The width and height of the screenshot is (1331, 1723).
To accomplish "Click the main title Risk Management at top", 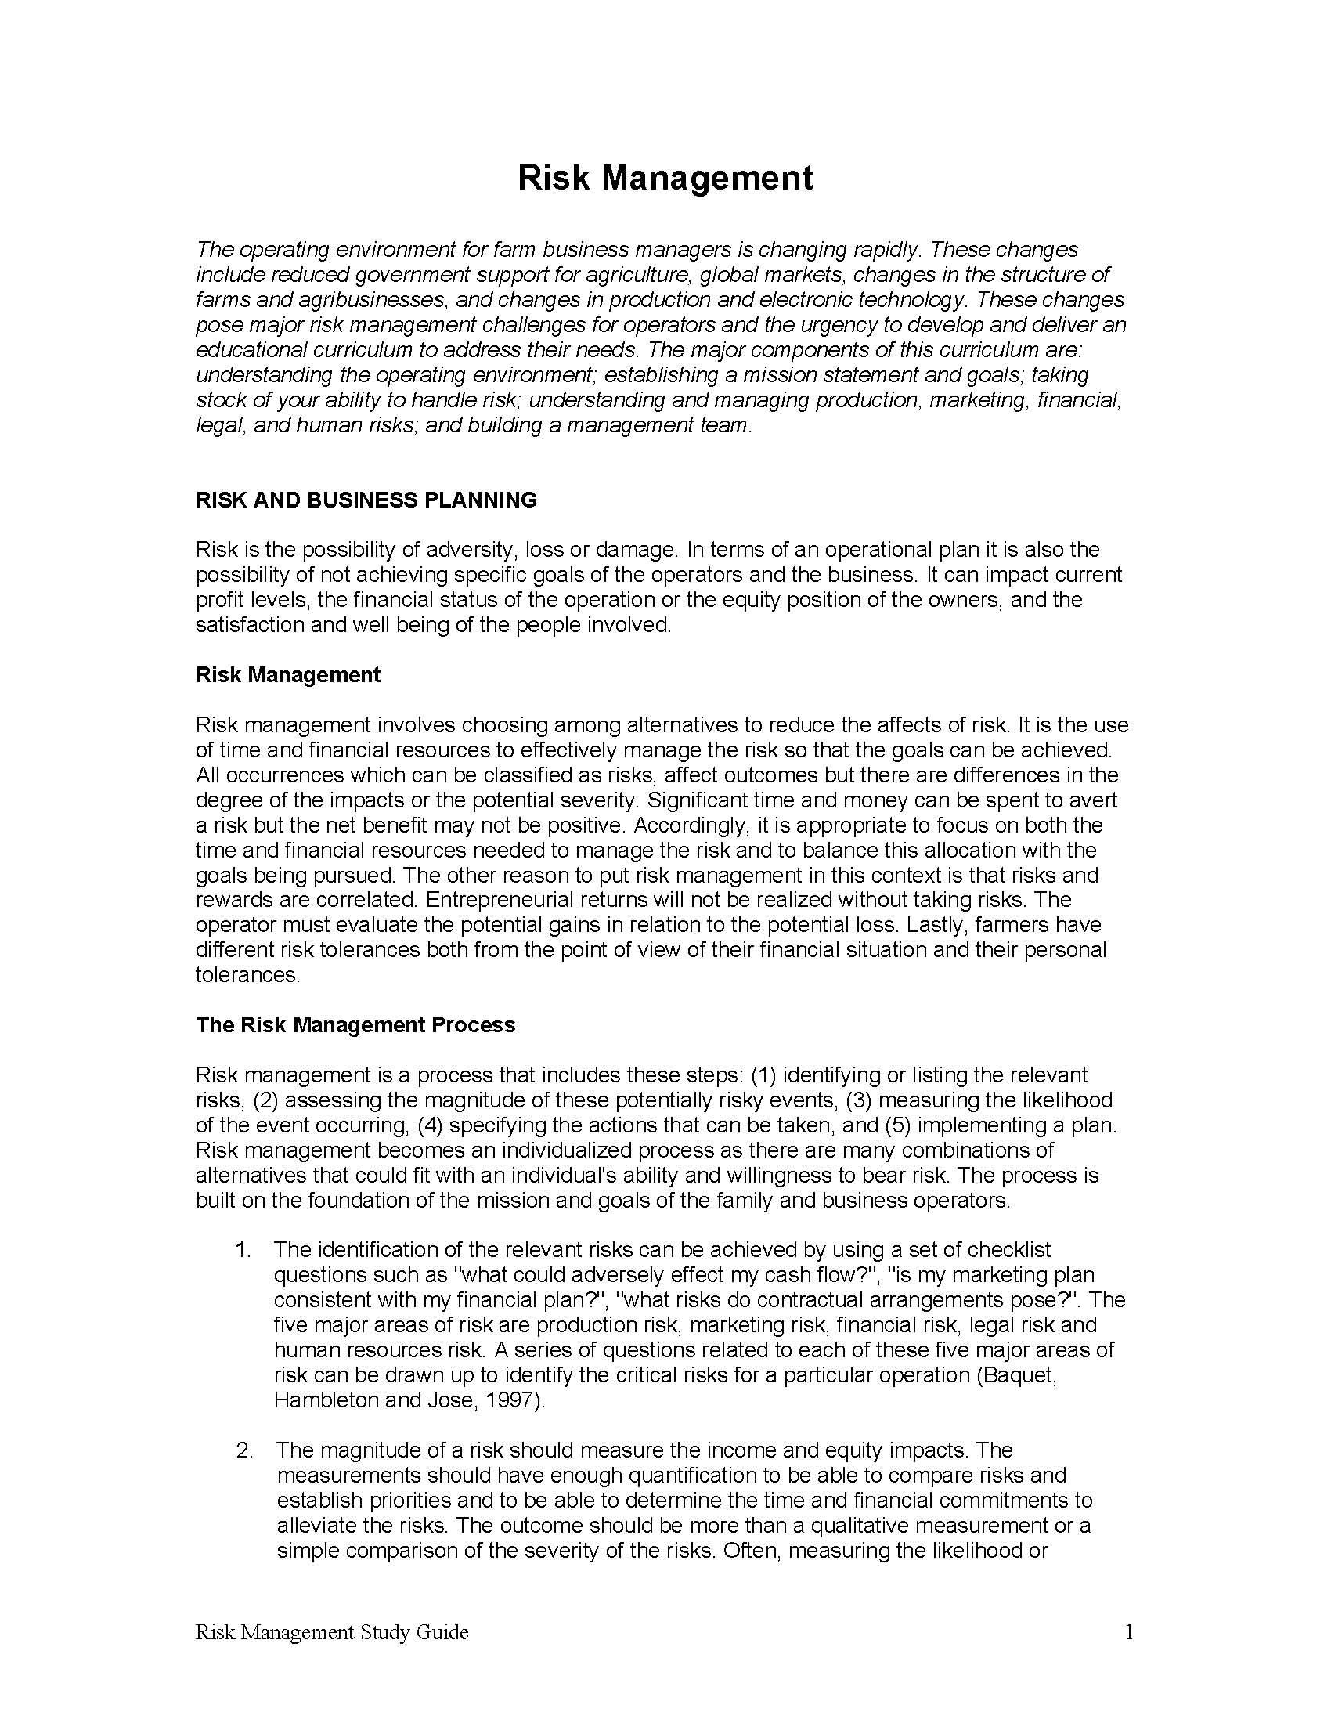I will pos(665,178).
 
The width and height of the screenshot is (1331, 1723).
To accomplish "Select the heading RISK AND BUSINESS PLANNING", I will pos(366,500).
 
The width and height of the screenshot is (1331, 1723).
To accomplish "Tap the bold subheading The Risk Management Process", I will pos(355,1024).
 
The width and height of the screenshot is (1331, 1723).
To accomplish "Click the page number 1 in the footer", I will pos(1128,1632).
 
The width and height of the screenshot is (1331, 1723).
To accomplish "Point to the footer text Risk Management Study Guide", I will pos(331,1632).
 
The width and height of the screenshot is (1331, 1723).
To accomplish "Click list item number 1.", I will pos(243,1250).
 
